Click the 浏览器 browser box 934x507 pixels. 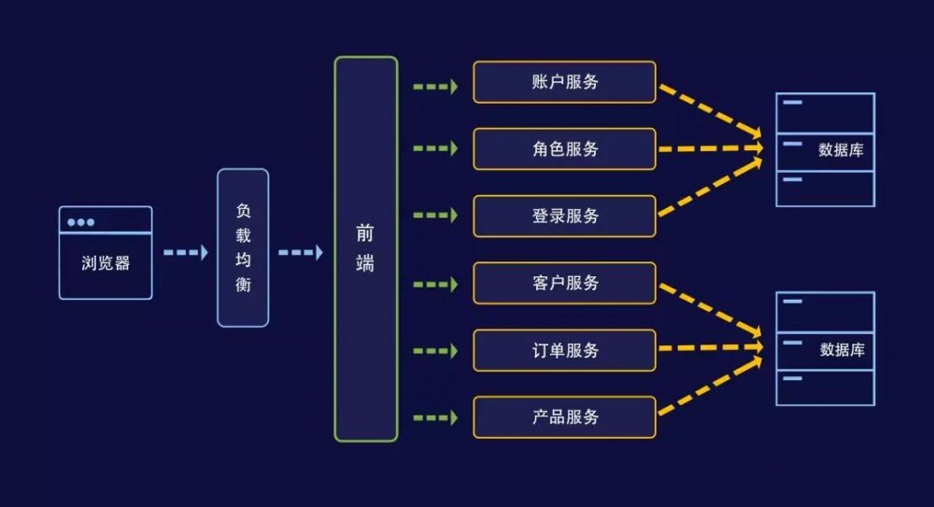click(106, 253)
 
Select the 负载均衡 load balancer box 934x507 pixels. click(243, 247)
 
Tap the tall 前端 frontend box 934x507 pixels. click(366, 249)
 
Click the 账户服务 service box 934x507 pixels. click(564, 82)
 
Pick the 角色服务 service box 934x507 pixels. click(564, 149)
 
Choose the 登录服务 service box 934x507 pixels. click(564, 217)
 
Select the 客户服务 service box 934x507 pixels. click(564, 283)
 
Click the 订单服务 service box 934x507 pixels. click(564, 350)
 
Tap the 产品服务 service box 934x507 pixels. click(564, 417)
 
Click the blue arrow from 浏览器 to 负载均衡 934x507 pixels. click(185, 252)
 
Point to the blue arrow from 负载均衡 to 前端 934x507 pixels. click(300, 252)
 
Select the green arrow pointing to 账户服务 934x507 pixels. click(434, 87)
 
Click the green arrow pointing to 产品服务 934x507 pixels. click(434, 417)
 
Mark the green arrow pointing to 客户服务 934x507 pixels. click(434, 283)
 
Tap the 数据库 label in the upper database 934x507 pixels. click(841, 149)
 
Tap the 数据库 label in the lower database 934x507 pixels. click(842, 350)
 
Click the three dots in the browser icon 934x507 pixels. click(80, 222)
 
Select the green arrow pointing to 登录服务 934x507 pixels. click(434, 216)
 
